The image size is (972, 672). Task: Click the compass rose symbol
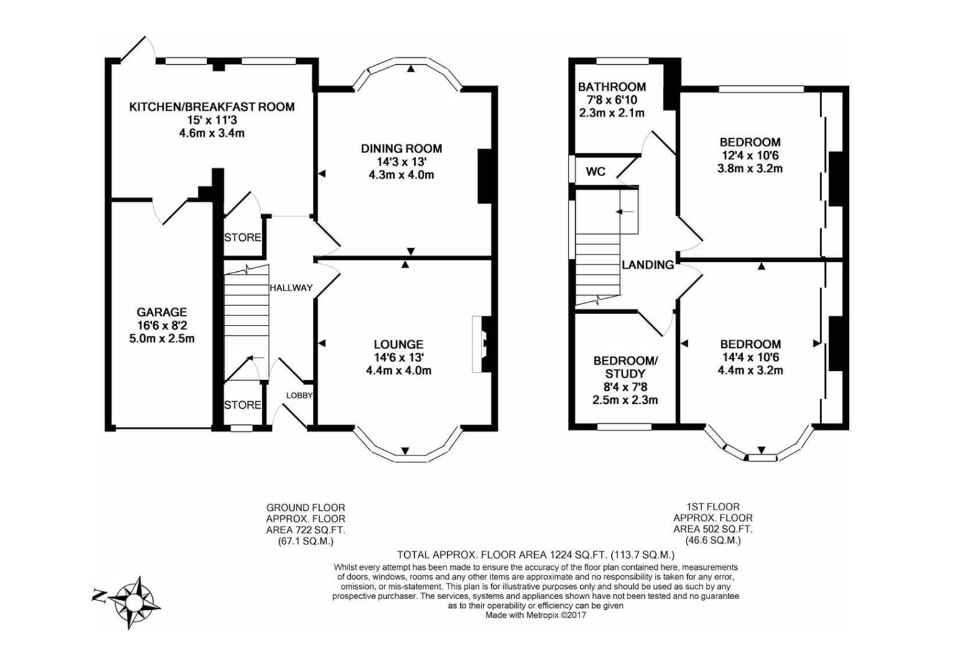coord(133,602)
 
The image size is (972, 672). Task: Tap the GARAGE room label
coord(162,312)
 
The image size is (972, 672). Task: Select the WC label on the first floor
coord(596,172)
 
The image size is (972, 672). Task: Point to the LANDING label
coord(648,265)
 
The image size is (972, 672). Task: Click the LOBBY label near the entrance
coord(299,396)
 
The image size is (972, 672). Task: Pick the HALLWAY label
coord(290,287)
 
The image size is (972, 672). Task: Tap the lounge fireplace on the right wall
coord(483,345)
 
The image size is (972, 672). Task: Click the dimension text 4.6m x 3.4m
coord(211,133)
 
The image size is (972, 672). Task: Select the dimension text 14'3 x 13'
coord(401,162)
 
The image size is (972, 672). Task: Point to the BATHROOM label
coord(612,87)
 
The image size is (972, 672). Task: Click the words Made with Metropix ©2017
coord(535,615)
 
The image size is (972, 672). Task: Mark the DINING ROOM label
coord(401,149)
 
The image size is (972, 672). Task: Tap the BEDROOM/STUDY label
coord(625,367)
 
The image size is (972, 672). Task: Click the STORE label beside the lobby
coord(243,405)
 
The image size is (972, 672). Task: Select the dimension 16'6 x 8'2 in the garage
coord(162,325)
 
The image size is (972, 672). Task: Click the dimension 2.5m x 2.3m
coord(625,400)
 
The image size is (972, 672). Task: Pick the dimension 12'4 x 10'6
coord(750,156)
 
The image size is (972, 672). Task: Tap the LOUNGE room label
coord(399,344)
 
